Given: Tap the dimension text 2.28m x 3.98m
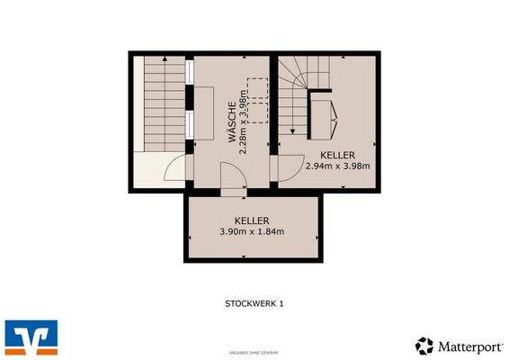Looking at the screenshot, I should pos(244,120).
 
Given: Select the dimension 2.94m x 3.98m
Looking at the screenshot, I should pos(337,166).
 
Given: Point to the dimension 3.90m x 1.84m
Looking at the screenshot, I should pos(252,231).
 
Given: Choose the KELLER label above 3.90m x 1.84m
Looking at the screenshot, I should pos(252,220).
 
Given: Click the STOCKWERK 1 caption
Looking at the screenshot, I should pos(254,304).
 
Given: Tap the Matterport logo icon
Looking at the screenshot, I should pos(424,346).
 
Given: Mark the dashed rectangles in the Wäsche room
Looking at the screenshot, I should pos(258,99).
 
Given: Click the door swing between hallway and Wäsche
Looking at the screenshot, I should pos(179,168).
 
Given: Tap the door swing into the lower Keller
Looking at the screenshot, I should pos(233,183).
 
